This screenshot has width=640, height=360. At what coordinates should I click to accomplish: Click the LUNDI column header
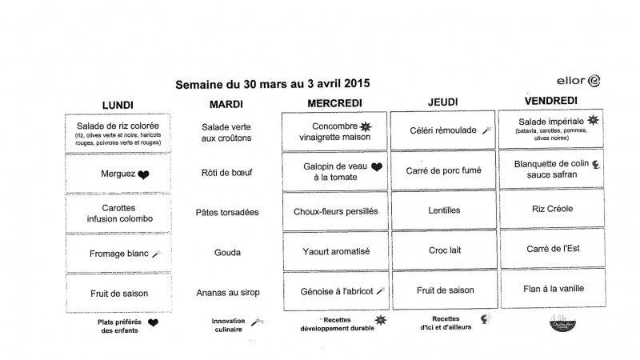click(118, 105)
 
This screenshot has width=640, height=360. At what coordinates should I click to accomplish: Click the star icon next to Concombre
click(366, 126)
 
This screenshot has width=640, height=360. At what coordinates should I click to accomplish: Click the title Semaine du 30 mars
click(273, 83)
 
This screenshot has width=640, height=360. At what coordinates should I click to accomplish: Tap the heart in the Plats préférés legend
click(154, 323)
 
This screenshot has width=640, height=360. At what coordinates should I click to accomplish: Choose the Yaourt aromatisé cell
click(334, 251)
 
